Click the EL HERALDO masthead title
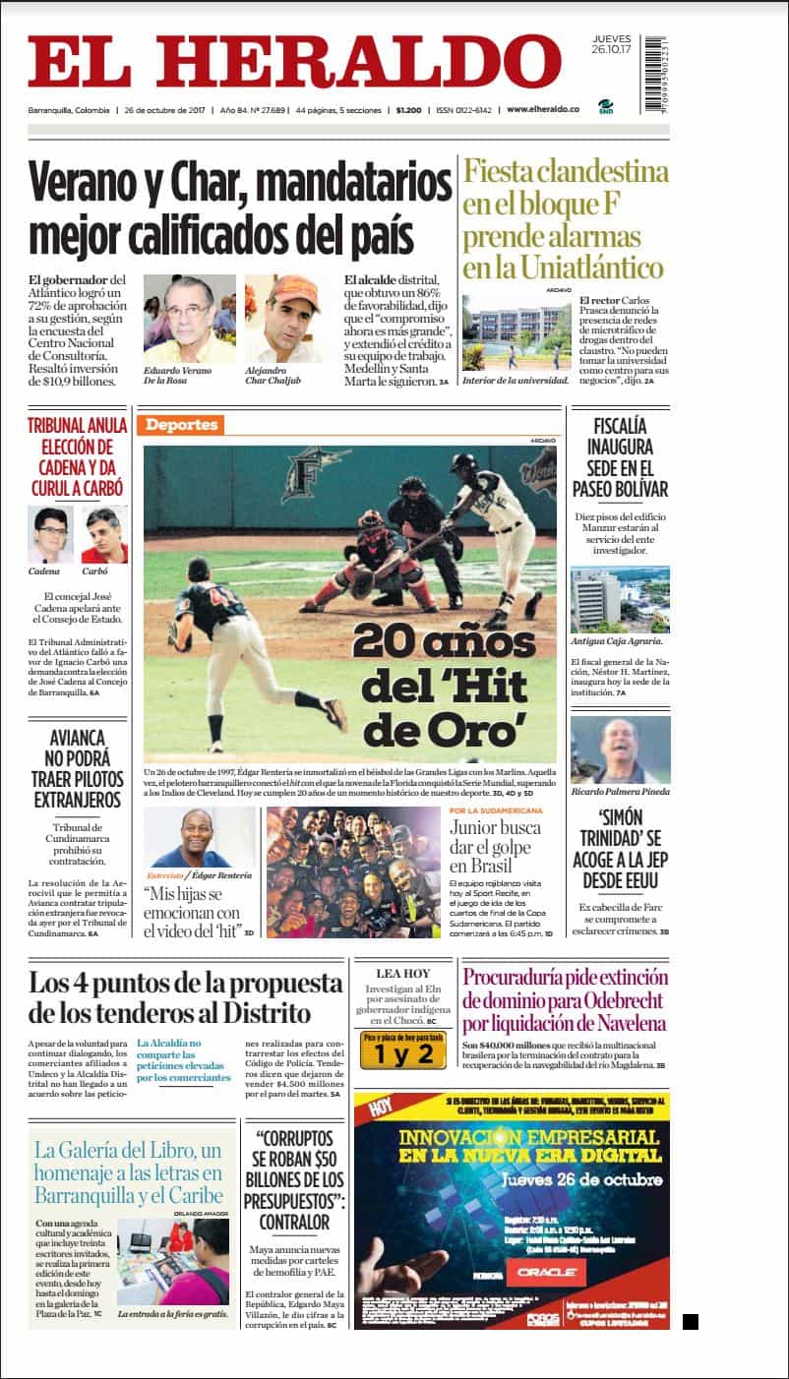click(294, 62)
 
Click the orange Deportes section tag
click(180, 425)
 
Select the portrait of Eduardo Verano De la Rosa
click(190, 318)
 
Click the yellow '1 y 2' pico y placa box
click(396, 1054)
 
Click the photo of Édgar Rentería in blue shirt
click(200, 836)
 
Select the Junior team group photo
click(353, 872)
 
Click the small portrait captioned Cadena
click(50, 534)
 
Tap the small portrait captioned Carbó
click(103, 534)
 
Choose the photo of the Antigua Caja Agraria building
click(620, 599)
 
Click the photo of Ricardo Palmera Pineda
click(620, 749)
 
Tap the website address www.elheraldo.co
click(543, 109)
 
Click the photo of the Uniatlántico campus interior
click(516, 332)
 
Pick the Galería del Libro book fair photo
click(172, 1262)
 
